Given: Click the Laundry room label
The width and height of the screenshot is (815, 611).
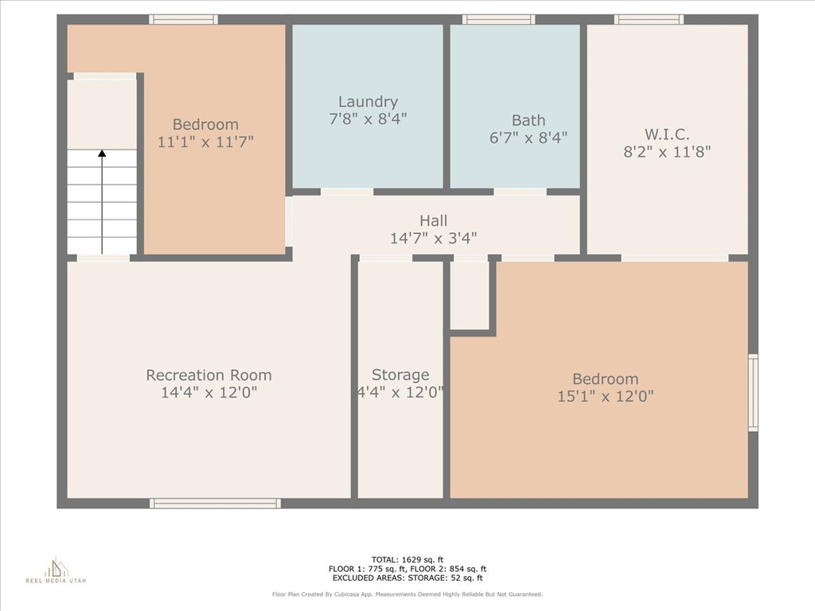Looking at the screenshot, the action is coord(368,101).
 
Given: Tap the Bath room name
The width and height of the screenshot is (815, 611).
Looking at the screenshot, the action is coord(528,120).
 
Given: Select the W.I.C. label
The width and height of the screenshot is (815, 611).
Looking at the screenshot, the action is coord(667,134).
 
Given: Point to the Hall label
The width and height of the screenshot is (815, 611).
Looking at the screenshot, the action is coord(434,220).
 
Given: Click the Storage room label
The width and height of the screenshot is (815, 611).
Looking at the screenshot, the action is coord(400,375).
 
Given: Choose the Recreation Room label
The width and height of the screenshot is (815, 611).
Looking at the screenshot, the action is coord(209,375).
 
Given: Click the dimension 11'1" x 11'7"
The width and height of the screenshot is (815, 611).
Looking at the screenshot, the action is coord(205,142).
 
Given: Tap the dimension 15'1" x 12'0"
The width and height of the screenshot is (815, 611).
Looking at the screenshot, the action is coord(606,396).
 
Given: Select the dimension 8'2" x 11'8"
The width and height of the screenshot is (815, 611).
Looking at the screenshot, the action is coord(667,152).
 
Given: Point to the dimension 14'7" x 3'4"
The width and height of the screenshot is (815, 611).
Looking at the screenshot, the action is coord(434,238).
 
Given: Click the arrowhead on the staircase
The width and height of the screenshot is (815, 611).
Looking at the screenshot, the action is coord(102,154).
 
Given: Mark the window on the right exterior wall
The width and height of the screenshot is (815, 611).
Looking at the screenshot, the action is coord(753,393).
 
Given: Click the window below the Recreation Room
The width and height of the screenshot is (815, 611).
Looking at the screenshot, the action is coord(215,503).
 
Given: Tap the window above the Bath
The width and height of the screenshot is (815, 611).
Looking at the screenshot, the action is coord(498,20).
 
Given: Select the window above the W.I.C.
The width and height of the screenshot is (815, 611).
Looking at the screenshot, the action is coord(649,20).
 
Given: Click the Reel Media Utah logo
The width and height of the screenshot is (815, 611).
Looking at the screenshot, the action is coord(57,570).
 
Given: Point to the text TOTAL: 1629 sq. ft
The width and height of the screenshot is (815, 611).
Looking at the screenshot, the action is coord(407,559).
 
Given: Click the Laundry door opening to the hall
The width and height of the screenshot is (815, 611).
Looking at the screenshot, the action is coord(347,192).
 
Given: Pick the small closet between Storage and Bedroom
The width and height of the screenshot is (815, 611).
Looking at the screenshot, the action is coord(470,294).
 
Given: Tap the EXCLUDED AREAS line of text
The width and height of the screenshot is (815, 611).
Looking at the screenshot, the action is coord(407,578).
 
